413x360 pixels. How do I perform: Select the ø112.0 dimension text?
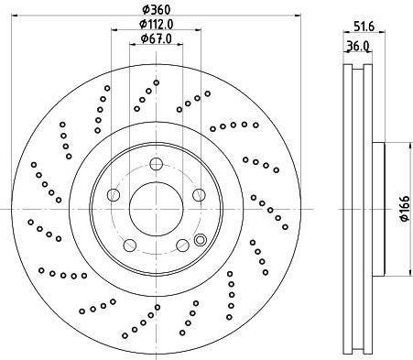(x=157, y=24)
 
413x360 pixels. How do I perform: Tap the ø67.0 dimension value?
(x=157, y=38)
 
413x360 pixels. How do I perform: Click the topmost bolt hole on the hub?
(x=157, y=165)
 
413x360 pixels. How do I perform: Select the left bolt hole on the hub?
(x=114, y=195)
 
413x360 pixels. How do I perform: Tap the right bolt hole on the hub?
(x=199, y=195)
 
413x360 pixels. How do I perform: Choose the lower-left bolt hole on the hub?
(x=130, y=245)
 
